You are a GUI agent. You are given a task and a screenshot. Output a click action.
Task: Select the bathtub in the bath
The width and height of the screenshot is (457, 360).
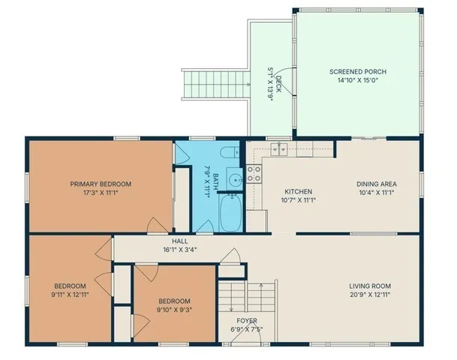point(228,213)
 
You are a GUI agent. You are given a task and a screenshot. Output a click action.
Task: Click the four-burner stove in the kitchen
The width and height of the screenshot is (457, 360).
point(254,175)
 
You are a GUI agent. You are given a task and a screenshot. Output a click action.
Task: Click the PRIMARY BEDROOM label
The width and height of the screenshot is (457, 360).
point(101,184)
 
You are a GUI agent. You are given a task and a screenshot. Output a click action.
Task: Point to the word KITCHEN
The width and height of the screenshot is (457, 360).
point(297,191)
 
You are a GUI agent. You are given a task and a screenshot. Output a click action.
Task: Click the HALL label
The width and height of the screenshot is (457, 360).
point(179,241)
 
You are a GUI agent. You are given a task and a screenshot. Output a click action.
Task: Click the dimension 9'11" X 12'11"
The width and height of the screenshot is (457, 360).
point(69,295)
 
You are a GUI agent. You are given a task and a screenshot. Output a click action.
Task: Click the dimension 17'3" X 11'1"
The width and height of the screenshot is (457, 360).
point(101,193)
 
